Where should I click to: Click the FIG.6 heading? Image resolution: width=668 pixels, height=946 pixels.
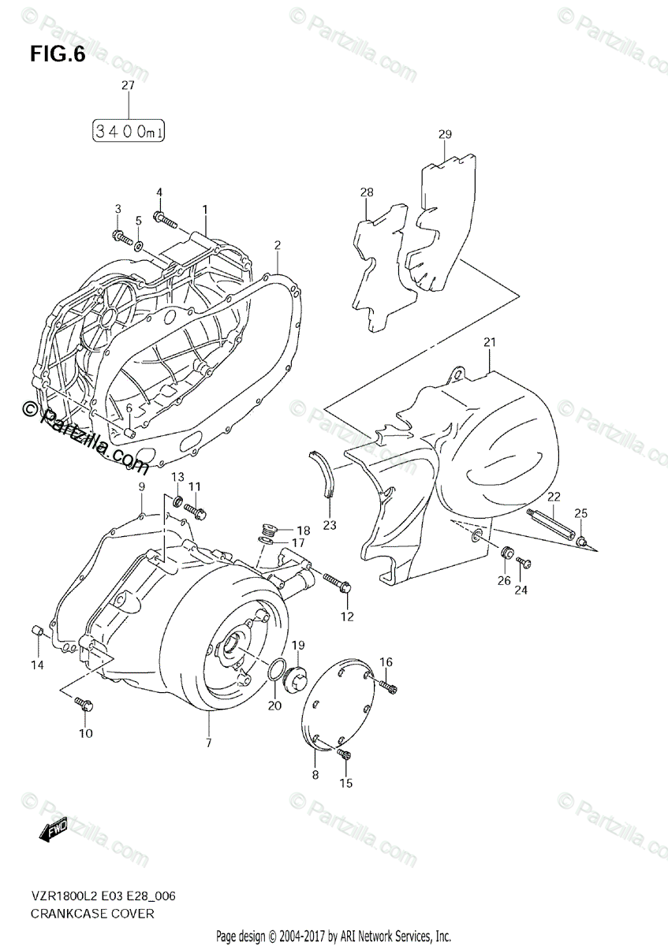[57, 55]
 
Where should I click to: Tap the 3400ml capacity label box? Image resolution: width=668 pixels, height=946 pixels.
[129, 131]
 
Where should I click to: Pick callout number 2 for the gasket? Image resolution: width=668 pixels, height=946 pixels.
[278, 245]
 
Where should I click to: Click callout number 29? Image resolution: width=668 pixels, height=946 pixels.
[445, 134]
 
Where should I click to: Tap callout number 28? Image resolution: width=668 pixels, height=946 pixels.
[366, 192]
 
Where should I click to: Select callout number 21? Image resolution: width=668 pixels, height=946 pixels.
[489, 343]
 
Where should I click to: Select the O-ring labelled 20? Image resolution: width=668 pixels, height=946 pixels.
[276, 669]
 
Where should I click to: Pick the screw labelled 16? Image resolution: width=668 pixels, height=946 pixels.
[388, 685]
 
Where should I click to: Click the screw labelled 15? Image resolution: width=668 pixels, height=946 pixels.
[343, 756]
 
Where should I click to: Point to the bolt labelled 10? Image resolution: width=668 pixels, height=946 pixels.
[84, 702]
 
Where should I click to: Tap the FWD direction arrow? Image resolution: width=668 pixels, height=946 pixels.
[54, 830]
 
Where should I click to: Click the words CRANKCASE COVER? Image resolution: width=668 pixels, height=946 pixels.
[82, 914]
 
